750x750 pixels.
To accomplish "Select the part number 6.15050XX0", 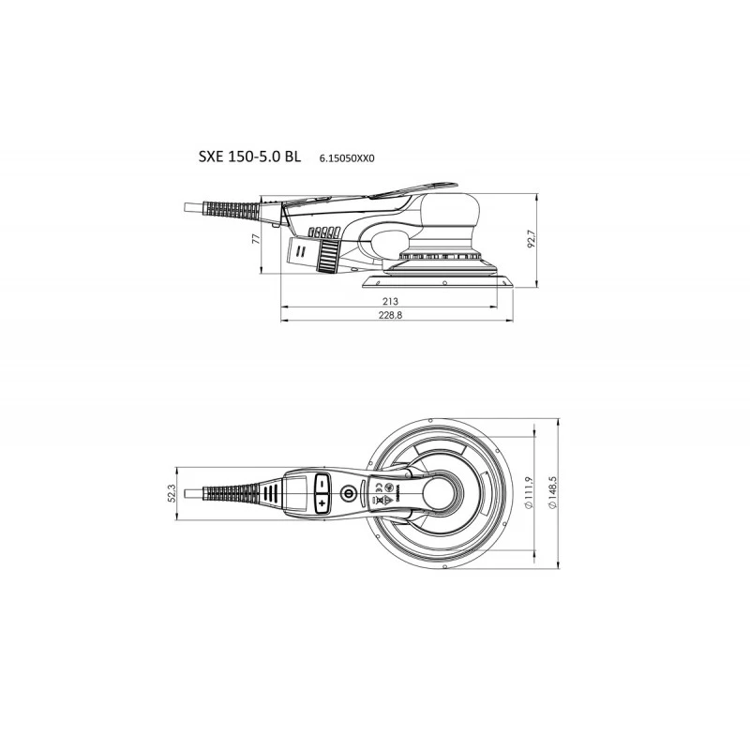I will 348,158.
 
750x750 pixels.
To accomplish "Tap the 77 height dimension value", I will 256,239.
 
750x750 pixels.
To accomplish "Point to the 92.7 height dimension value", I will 531,240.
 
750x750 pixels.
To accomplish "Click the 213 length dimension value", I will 390,301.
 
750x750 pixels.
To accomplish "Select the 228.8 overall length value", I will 391,317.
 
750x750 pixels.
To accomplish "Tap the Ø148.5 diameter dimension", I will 553,491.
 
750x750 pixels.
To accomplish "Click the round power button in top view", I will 349,491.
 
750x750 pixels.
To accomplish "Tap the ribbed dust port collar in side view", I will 330,255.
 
